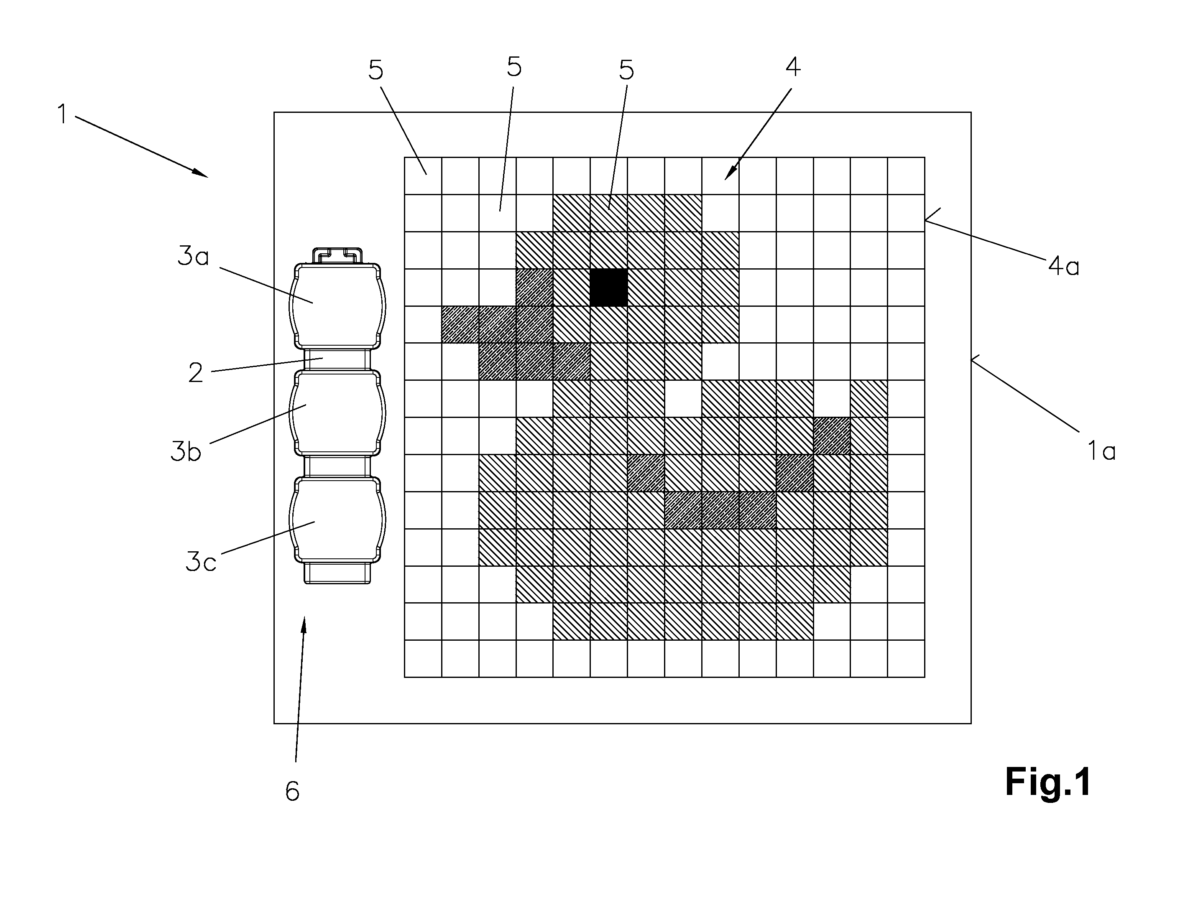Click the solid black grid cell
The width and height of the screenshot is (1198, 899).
609,288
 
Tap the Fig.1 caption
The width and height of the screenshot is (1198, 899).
1048,782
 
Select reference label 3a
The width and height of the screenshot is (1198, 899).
193,256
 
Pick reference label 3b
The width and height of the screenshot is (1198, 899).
186,451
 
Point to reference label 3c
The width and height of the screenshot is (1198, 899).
201,561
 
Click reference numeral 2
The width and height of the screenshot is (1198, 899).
196,372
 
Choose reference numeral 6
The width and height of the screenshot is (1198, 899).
292,791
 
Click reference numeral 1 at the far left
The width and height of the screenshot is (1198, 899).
63,114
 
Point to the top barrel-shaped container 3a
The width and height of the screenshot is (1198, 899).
337,306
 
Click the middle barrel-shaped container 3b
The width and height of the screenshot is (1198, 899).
337,413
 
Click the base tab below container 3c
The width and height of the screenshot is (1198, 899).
337,573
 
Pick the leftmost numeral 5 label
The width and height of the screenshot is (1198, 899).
376,70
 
